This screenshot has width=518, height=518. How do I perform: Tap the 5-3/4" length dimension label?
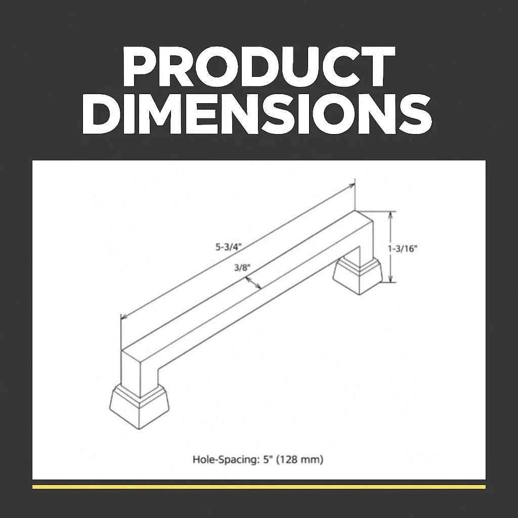(229, 247)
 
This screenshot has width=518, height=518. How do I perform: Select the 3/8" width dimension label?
(242, 267)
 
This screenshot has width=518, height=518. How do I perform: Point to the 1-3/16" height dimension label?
(402, 249)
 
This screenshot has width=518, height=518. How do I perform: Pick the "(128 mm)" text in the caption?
(299, 459)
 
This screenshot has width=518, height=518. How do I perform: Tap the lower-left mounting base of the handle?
(139, 408)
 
